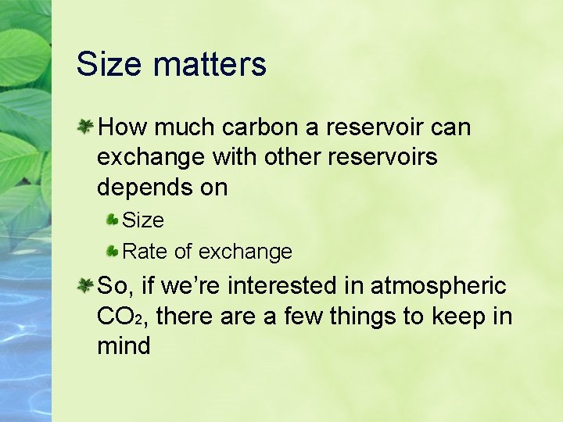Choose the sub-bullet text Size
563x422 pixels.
point(143,220)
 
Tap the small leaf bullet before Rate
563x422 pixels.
point(113,251)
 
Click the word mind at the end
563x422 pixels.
point(124,346)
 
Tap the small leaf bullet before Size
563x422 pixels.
point(113,220)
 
